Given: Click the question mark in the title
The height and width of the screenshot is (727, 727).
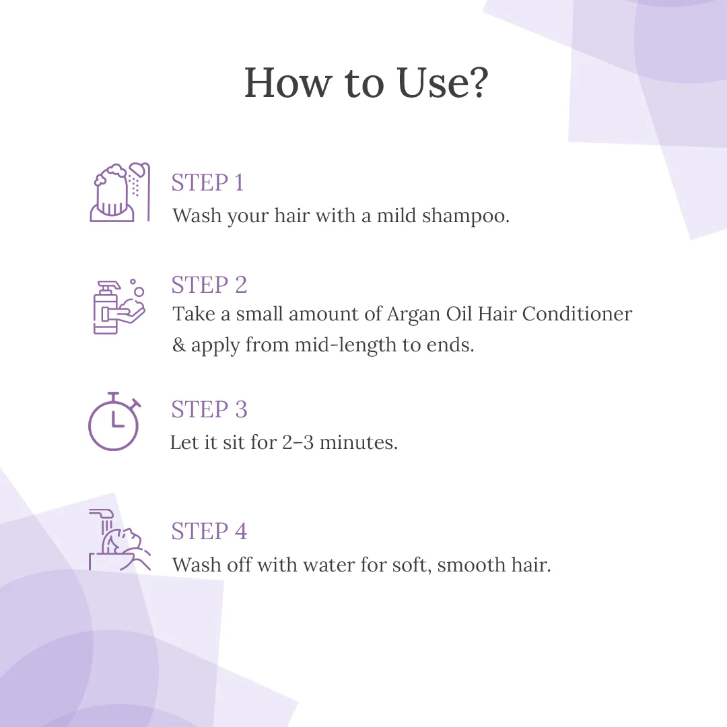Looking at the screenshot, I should tap(474, 83).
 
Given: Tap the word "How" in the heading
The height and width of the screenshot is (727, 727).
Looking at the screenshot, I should tap(287, 83).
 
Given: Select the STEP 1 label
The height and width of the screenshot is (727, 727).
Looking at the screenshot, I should tap(207, 182).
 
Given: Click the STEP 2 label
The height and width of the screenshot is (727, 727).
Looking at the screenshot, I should tap(209, 285).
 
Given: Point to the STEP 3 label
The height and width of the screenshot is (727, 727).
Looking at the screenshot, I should tap(209, 409).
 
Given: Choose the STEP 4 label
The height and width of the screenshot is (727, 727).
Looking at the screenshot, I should tap(209, 531).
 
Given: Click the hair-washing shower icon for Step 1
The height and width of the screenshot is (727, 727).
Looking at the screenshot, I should tap(120, 192).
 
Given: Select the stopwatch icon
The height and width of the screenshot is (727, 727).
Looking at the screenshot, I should tap(114, 421).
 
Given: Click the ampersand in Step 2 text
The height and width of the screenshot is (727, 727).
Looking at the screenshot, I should tap(179, 346).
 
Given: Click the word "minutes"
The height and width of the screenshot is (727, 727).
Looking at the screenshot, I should tap(358, 443).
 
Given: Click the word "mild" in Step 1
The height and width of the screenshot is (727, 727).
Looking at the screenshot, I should tap(396, 216).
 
